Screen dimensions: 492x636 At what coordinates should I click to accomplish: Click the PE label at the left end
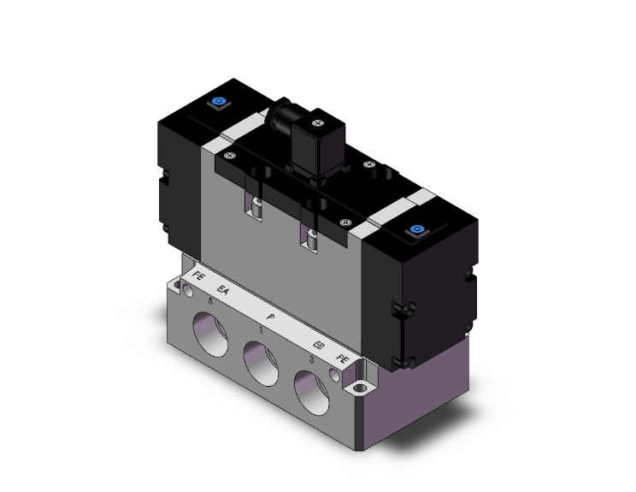(x=199, y=276)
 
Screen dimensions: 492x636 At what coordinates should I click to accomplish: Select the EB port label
(x=318, y=346)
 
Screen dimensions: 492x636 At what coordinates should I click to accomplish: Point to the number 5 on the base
(x=210, y=300)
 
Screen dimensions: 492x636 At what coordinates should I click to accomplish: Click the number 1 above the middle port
(x=261, y=329)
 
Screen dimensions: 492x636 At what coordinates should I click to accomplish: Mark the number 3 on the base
(x=311, y=359)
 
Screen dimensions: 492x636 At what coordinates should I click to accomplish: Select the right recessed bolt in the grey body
(x=314, y=239)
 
